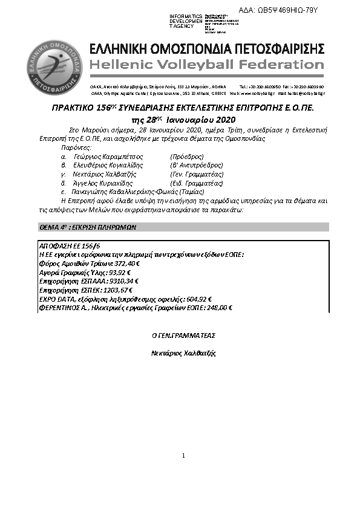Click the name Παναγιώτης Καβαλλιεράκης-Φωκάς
113,190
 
